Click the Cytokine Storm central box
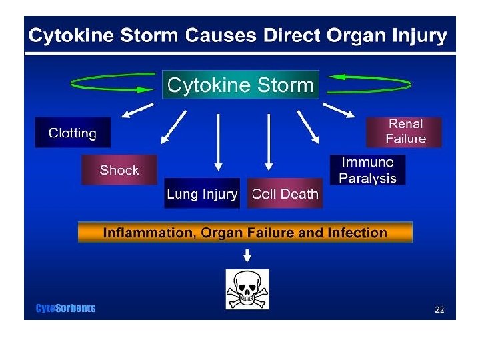point(241,85)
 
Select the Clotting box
point(73,133)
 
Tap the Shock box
point(119,170)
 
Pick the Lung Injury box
point(201,194)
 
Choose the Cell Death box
point(285,194)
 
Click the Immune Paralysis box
point(367,170)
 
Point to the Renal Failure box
point(405,132)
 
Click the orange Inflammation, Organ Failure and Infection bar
point(245,233)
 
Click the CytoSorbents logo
point(65,308)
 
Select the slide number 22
point(439,309)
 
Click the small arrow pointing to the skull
point(247,255)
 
